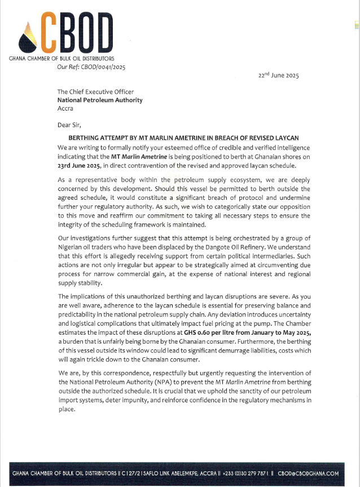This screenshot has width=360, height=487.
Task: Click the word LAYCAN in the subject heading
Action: tap(286, 138)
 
